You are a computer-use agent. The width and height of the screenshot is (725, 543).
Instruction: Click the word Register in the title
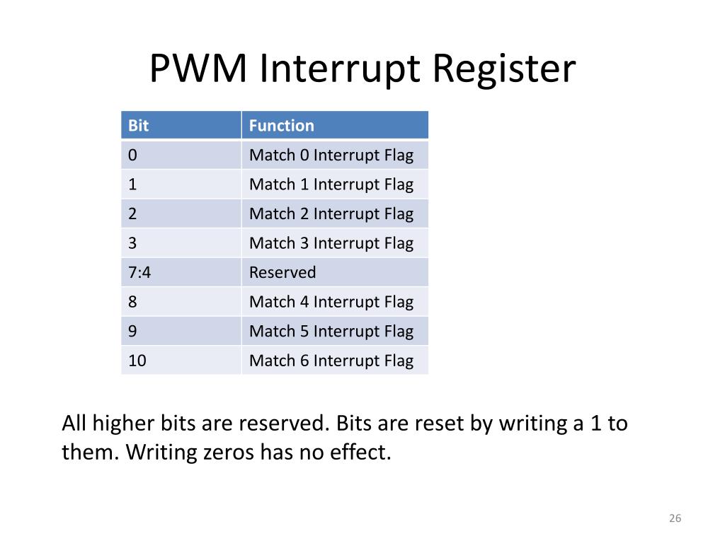pyautogui.click(x=504, y=69)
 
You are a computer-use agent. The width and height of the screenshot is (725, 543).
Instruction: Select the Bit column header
pyautogui.click(x=139, y=126)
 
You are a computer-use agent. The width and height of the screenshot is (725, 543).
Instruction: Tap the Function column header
pyautogui.click(x=281, y=126)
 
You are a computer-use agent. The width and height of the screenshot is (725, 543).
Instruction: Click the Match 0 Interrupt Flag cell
pyautogui.click(x=331, y=155)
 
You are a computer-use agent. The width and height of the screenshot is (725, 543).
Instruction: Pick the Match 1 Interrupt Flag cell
pyautogui.click(x=331, y=185)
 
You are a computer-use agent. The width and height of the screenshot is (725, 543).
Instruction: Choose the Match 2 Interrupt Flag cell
pyautogui.click(x=331, y=214)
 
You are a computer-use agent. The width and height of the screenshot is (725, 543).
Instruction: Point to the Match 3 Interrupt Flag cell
pyautogui.click(x=331, y=243)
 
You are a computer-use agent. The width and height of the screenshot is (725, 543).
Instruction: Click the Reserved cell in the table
pyautogui.click(x=282, y=272)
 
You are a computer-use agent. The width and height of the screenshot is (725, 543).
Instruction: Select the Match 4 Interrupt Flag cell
pyautogui.click(x=331, y=302)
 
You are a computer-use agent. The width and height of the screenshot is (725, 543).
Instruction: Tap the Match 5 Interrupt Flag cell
pyautogui.click(x=331, y=331)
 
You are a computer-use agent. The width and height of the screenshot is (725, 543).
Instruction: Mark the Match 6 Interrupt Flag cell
pyautogui.click(x=331, y=361)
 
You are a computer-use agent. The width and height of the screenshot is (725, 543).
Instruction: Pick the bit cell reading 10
pyautogui.click(x=137, y=361)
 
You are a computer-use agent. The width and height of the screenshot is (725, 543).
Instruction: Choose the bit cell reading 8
pyautogui.click(x=133, y=302)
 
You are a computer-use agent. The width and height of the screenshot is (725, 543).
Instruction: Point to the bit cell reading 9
pyautogui.click(x=133, y=331)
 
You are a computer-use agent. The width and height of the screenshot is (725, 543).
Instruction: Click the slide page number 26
pyautogui.click(x=674, y=519)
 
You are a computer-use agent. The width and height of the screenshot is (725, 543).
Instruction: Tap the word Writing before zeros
pyautogui.click(x=161, y=452)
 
